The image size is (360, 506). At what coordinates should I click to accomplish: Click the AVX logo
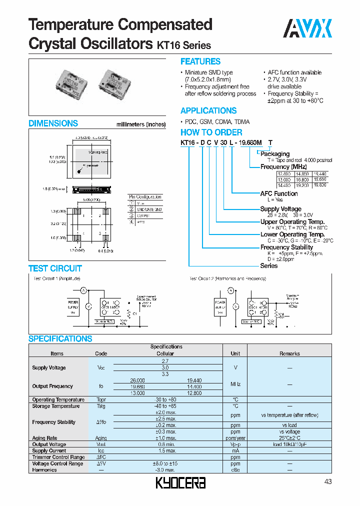307,29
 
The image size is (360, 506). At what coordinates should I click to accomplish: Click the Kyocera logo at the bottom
180,482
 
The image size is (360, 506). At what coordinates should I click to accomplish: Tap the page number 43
327,481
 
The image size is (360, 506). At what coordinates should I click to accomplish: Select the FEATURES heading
200,61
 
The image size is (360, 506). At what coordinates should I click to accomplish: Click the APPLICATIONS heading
208,110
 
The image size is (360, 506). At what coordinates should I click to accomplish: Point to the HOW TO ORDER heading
211,132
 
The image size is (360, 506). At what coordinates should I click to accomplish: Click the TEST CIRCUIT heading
55,268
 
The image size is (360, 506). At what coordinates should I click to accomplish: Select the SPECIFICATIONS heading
60,338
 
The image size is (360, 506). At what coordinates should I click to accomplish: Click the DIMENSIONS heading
53,123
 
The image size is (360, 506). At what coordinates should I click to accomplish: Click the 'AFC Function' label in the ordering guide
278,193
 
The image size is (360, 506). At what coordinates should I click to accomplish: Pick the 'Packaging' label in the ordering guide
274,154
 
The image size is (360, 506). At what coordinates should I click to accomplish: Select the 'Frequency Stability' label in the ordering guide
286,247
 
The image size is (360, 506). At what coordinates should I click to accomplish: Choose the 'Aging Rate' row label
44,438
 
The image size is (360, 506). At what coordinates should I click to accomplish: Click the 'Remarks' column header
289,353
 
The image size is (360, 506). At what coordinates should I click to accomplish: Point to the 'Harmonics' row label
44,470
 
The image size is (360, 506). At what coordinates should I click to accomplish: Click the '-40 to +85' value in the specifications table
166,406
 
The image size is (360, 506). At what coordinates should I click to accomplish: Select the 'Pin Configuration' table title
145,197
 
